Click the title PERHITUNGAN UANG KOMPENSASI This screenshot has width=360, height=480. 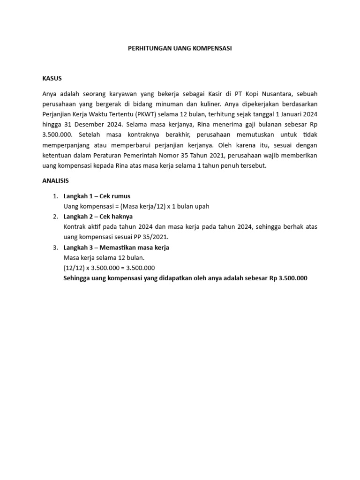click(180, 48)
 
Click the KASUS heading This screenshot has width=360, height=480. click(52, 78)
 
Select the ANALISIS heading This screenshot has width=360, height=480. click(56, 180)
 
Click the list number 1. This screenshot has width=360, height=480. click(55, 196)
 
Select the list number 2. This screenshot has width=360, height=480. click(55, 217)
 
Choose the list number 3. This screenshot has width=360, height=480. click(55, 247)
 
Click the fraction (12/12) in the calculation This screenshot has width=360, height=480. click(74, 268)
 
